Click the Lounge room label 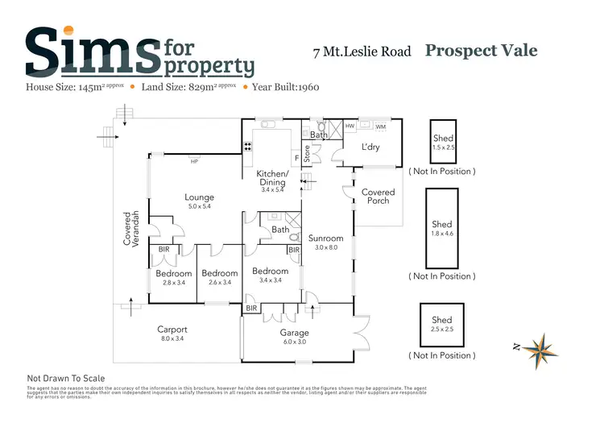click(x=199, y=197)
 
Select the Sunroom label click(x=325, y=238)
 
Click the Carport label click(x=172, y=330)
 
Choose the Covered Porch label click(x=378, y=197)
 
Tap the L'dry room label click(x=370, y=147)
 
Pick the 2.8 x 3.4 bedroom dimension click(x=174, y=283)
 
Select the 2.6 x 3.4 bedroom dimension click(x=220, y=283)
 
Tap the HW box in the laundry click(x=350, y=126)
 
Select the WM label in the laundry click(x=380, y=126)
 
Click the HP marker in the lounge click(x=194, y=161)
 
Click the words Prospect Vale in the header click(x=481, y=51)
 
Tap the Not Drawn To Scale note click(x=66, y=378)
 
